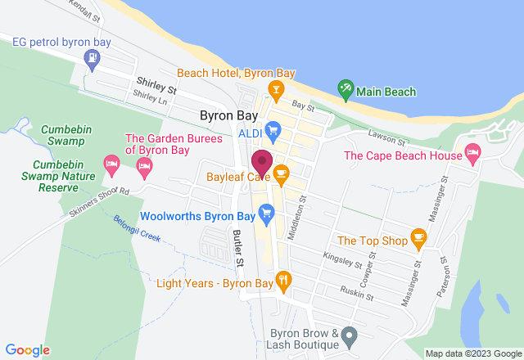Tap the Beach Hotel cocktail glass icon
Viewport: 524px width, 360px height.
coord(276,88)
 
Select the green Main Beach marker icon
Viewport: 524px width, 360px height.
coord(346,88)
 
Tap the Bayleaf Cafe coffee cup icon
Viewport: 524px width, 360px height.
coord(281,173)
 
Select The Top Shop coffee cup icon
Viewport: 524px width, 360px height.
coord(419,240)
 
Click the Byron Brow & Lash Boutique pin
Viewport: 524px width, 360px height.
coord(350,335)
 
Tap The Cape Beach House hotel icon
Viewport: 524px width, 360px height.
coord(472,152)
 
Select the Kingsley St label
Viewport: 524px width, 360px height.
coord(342,261)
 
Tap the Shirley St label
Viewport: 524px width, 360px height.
coord(156,83)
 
